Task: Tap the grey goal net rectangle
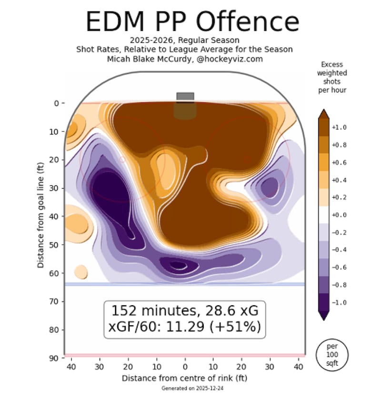[x=185, y=96]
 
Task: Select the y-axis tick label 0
[x=55, y=103]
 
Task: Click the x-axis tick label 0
[x=185, y=368]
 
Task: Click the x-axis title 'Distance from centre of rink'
[x=185, y=378]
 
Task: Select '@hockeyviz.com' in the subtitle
[x=230, y=59]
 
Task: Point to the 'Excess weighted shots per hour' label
[x=332, y=77]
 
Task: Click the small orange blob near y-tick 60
[x=81, y=272]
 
